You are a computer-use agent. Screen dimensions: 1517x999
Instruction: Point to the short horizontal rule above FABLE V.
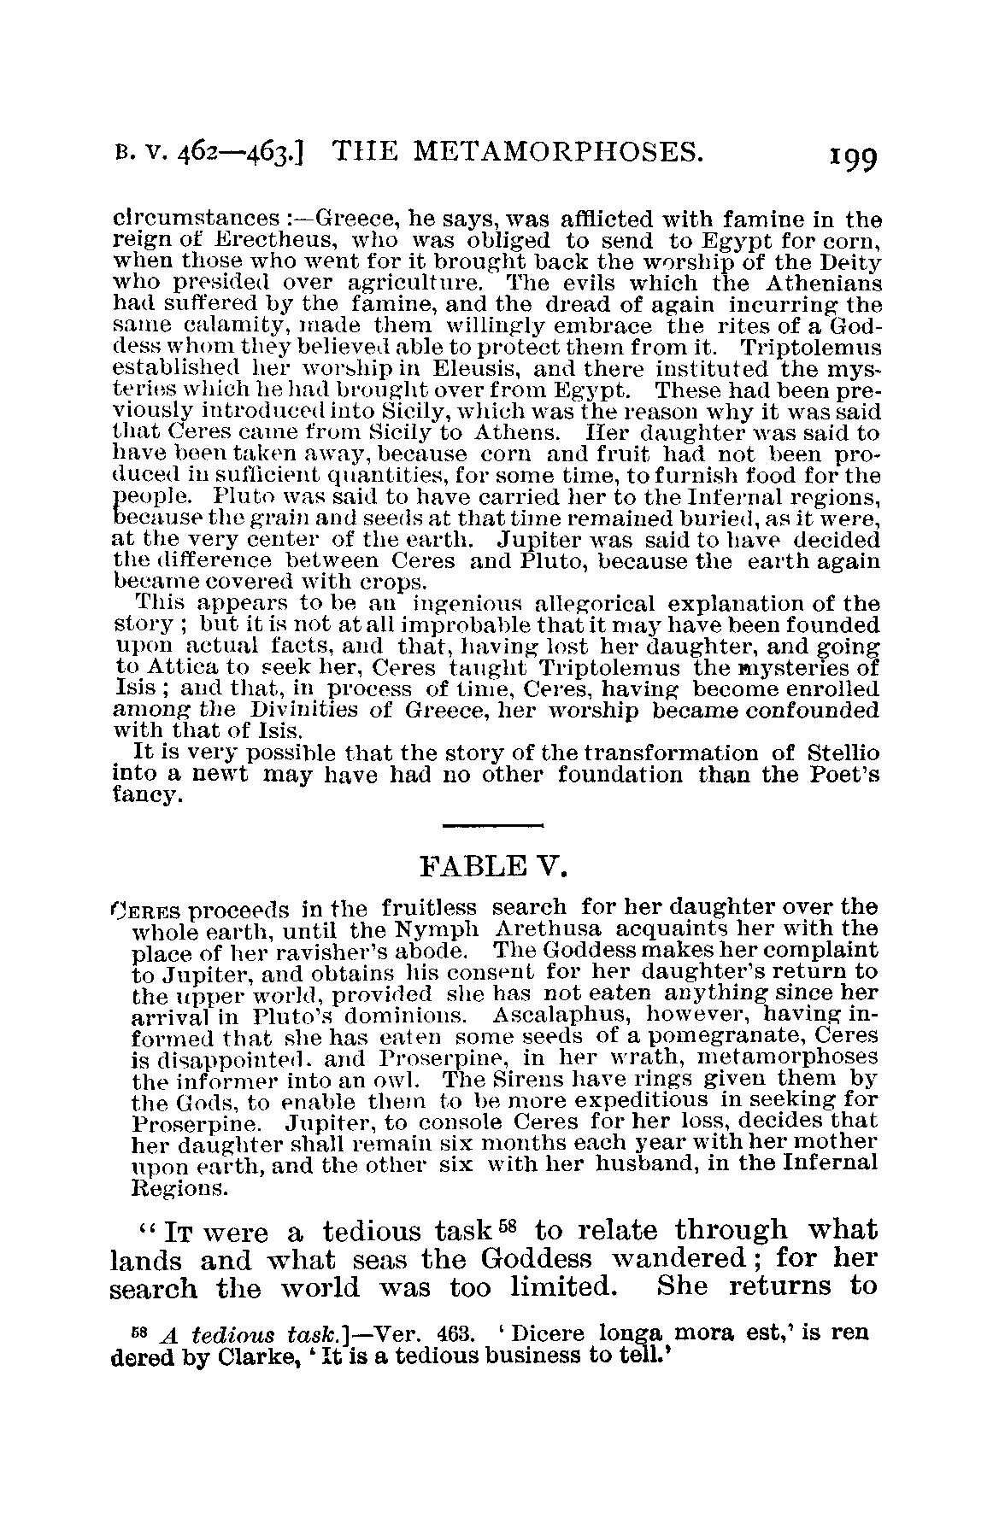click(x=494, y=825)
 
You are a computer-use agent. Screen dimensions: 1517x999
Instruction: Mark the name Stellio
click(x=843, y=754)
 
